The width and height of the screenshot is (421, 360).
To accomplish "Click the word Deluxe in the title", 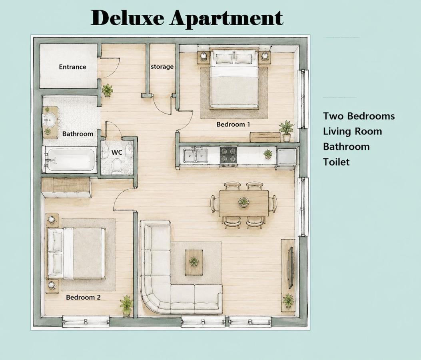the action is (x=127, y=18).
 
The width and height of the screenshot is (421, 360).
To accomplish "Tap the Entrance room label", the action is (x=72, y=67).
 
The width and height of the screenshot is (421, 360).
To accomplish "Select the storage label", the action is (x=162, y=67).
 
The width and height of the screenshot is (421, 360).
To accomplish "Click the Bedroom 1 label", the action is (x=233, y=124).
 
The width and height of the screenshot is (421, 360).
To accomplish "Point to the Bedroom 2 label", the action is (x=83, y=298).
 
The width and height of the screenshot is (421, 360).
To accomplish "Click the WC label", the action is (x=117, y=152).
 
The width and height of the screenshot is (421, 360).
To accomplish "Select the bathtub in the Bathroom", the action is (x=71, y=160).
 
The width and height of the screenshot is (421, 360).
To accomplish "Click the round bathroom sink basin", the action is (x=50, y=120).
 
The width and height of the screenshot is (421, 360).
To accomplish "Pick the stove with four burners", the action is (x=228, y=155).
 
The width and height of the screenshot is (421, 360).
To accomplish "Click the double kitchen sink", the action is (x=196, y=156).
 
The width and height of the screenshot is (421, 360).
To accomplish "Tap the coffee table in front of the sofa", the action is (x=194, y=262).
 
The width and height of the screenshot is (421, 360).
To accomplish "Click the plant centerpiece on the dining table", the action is (x=243, y=202).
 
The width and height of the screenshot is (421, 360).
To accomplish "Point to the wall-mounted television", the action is (x=291, y=268).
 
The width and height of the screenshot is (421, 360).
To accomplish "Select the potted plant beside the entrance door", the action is (x=108, y=90).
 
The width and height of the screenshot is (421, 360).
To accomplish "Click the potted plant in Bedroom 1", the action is (x=286, y=131).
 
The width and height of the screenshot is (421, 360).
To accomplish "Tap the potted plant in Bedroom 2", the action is (x=126, y=306).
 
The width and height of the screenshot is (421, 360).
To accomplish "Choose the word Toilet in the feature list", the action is (x=336, y=162).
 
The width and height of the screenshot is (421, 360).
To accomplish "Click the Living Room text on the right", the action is (x=352, y=131).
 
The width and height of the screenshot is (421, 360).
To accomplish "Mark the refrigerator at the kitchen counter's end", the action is (x=286, y=158).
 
